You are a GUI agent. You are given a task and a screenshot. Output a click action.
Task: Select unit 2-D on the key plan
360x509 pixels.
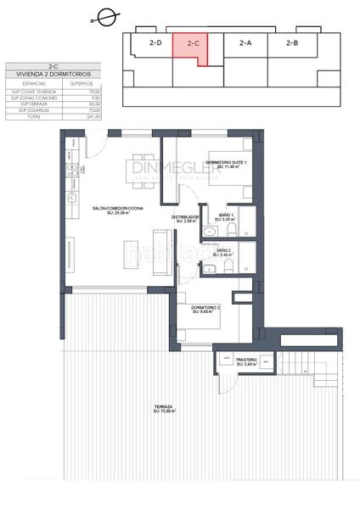click(155, 42)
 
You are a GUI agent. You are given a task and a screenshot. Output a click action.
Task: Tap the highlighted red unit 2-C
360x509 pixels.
click(193, 42)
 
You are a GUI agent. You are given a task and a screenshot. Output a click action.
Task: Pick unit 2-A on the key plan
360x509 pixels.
click(245, 42)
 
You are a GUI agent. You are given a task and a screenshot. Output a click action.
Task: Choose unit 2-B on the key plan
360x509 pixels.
click(292, 42)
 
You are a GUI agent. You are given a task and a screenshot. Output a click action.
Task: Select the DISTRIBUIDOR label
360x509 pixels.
click(184, 217)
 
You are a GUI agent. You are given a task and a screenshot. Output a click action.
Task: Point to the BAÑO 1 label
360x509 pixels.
click(225, 215)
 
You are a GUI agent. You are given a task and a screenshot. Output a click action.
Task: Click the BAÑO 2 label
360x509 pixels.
click(224, 250)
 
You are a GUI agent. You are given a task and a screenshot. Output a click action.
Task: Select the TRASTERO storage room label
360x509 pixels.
click(246, 361)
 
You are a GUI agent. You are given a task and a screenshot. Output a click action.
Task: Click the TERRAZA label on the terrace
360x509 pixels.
click(163, 407)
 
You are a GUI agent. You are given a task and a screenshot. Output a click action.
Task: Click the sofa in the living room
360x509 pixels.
click(160, 252)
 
